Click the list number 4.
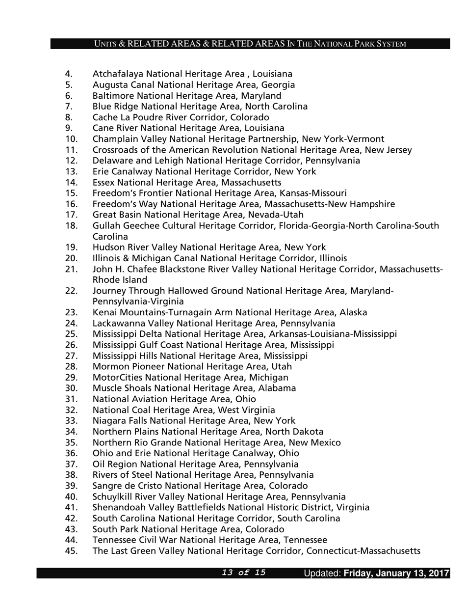[x=69, y=74]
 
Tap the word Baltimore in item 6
[x=112, y=96]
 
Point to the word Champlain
[x=113, y=139]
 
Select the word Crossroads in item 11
[x=114, y=150]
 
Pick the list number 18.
[x=71, y=226]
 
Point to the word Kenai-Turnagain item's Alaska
[x=353, y=312]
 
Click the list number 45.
[x=71, y=550]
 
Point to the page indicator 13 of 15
[x=244, y=573]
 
